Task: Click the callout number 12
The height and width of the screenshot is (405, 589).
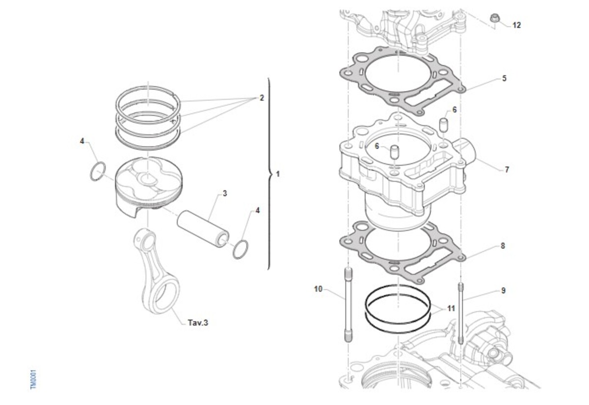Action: (x=516, y=25)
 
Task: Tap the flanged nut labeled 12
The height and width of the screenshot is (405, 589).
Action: (x=494, y=18)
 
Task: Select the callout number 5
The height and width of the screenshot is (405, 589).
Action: (x=504, y=78)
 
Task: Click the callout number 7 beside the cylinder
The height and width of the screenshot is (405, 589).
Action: (x=507, y=170)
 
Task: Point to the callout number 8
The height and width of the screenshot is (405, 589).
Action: (x=503, y=246)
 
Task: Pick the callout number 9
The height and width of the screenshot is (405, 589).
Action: (x=503, y=290)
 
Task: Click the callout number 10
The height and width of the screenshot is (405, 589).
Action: (x=318, y=289)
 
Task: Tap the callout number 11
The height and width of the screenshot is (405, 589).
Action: (x=451, y=308)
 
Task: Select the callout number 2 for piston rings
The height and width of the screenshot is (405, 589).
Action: (x=262, y=98)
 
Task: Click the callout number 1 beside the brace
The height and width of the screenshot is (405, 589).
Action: (x=278, y=174)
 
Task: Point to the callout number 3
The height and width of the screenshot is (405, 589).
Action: (x=225, y=193)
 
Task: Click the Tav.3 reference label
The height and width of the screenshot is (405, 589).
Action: (x=198, y=323)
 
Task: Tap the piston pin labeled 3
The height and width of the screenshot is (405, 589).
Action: (x=203, y=229)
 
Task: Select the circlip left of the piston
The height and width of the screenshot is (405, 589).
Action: (x=98, y=172)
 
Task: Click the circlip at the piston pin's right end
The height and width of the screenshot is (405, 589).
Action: (x=241, y=250)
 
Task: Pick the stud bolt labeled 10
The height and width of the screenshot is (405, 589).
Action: (x=348, y=304)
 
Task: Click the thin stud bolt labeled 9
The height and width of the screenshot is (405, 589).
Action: (x=461, y=313)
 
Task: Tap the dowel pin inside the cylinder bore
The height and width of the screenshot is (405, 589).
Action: (x=395, y=152)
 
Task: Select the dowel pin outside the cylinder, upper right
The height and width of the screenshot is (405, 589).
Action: (x=444, y=125)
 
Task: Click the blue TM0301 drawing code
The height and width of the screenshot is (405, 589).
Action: (x=33, y=380)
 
